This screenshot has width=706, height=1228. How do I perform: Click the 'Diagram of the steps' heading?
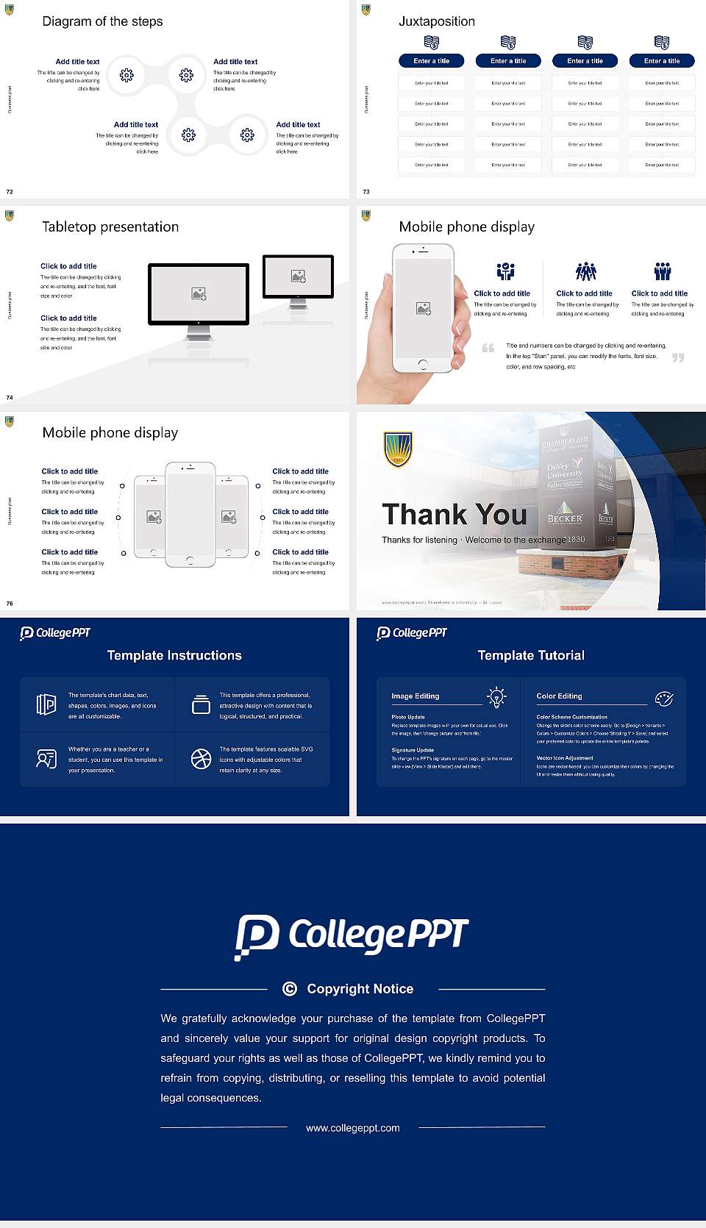[102, 21]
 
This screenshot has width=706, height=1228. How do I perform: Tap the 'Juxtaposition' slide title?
[436, 21]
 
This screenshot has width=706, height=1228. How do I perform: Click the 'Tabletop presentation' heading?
[110, 226]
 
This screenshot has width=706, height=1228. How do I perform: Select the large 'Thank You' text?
[454, 515]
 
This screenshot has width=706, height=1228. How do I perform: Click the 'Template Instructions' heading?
[174, 655]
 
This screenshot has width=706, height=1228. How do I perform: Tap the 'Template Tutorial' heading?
[531, 655]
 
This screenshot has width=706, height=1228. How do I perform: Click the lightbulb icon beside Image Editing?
[497, 697]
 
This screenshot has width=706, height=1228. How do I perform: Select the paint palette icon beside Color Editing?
[663, 698]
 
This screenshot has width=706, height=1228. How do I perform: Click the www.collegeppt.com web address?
[353, 1128]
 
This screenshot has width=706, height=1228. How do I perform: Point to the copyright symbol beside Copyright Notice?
[290, 989]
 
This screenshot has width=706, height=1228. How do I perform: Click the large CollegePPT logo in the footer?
[352, 937]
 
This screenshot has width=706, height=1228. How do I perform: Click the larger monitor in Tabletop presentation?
[199, 294]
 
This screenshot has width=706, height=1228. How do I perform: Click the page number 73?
[366, 192]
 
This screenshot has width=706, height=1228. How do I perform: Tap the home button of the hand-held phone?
[422, 364]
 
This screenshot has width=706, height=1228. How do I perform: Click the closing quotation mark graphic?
[677, 357]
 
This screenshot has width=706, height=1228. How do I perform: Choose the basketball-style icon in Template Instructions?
[201, 759]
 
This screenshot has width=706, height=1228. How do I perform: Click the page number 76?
[10, 604]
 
